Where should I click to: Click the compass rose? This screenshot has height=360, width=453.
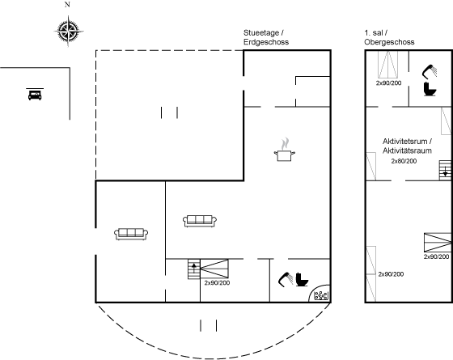tap(69, 31)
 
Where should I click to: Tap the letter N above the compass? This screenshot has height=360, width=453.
tap(67, 5)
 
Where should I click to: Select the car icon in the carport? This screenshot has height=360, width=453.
tap(35, 95)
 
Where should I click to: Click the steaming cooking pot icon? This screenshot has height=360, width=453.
tap(285, 150)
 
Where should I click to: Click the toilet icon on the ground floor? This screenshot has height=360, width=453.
tap(302, 279)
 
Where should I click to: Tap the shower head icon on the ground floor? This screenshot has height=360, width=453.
tap(286, 279)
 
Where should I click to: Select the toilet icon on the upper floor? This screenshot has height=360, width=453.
tap(430, 89)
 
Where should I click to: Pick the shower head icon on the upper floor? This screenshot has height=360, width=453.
tap(430, 71)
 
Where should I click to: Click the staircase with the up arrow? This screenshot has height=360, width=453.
tap(193, 269)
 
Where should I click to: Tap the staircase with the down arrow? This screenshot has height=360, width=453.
tap(445, 170)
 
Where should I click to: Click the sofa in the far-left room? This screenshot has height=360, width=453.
tap(131, 234)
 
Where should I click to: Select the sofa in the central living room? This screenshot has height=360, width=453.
tap(200, 221)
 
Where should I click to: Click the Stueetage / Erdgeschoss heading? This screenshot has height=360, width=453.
tap(266, 37)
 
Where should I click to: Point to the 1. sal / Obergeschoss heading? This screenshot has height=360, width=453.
tap(389, 37)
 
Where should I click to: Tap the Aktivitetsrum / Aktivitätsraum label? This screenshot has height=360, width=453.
tap(408, 146)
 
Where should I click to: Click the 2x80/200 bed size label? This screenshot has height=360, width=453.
tap(404, 161)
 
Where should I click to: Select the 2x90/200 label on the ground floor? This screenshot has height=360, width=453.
tap(217, 283)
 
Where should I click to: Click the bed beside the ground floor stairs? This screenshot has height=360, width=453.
tap(214, 269)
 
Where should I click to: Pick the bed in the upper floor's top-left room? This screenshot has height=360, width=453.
tap(388, 64)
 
